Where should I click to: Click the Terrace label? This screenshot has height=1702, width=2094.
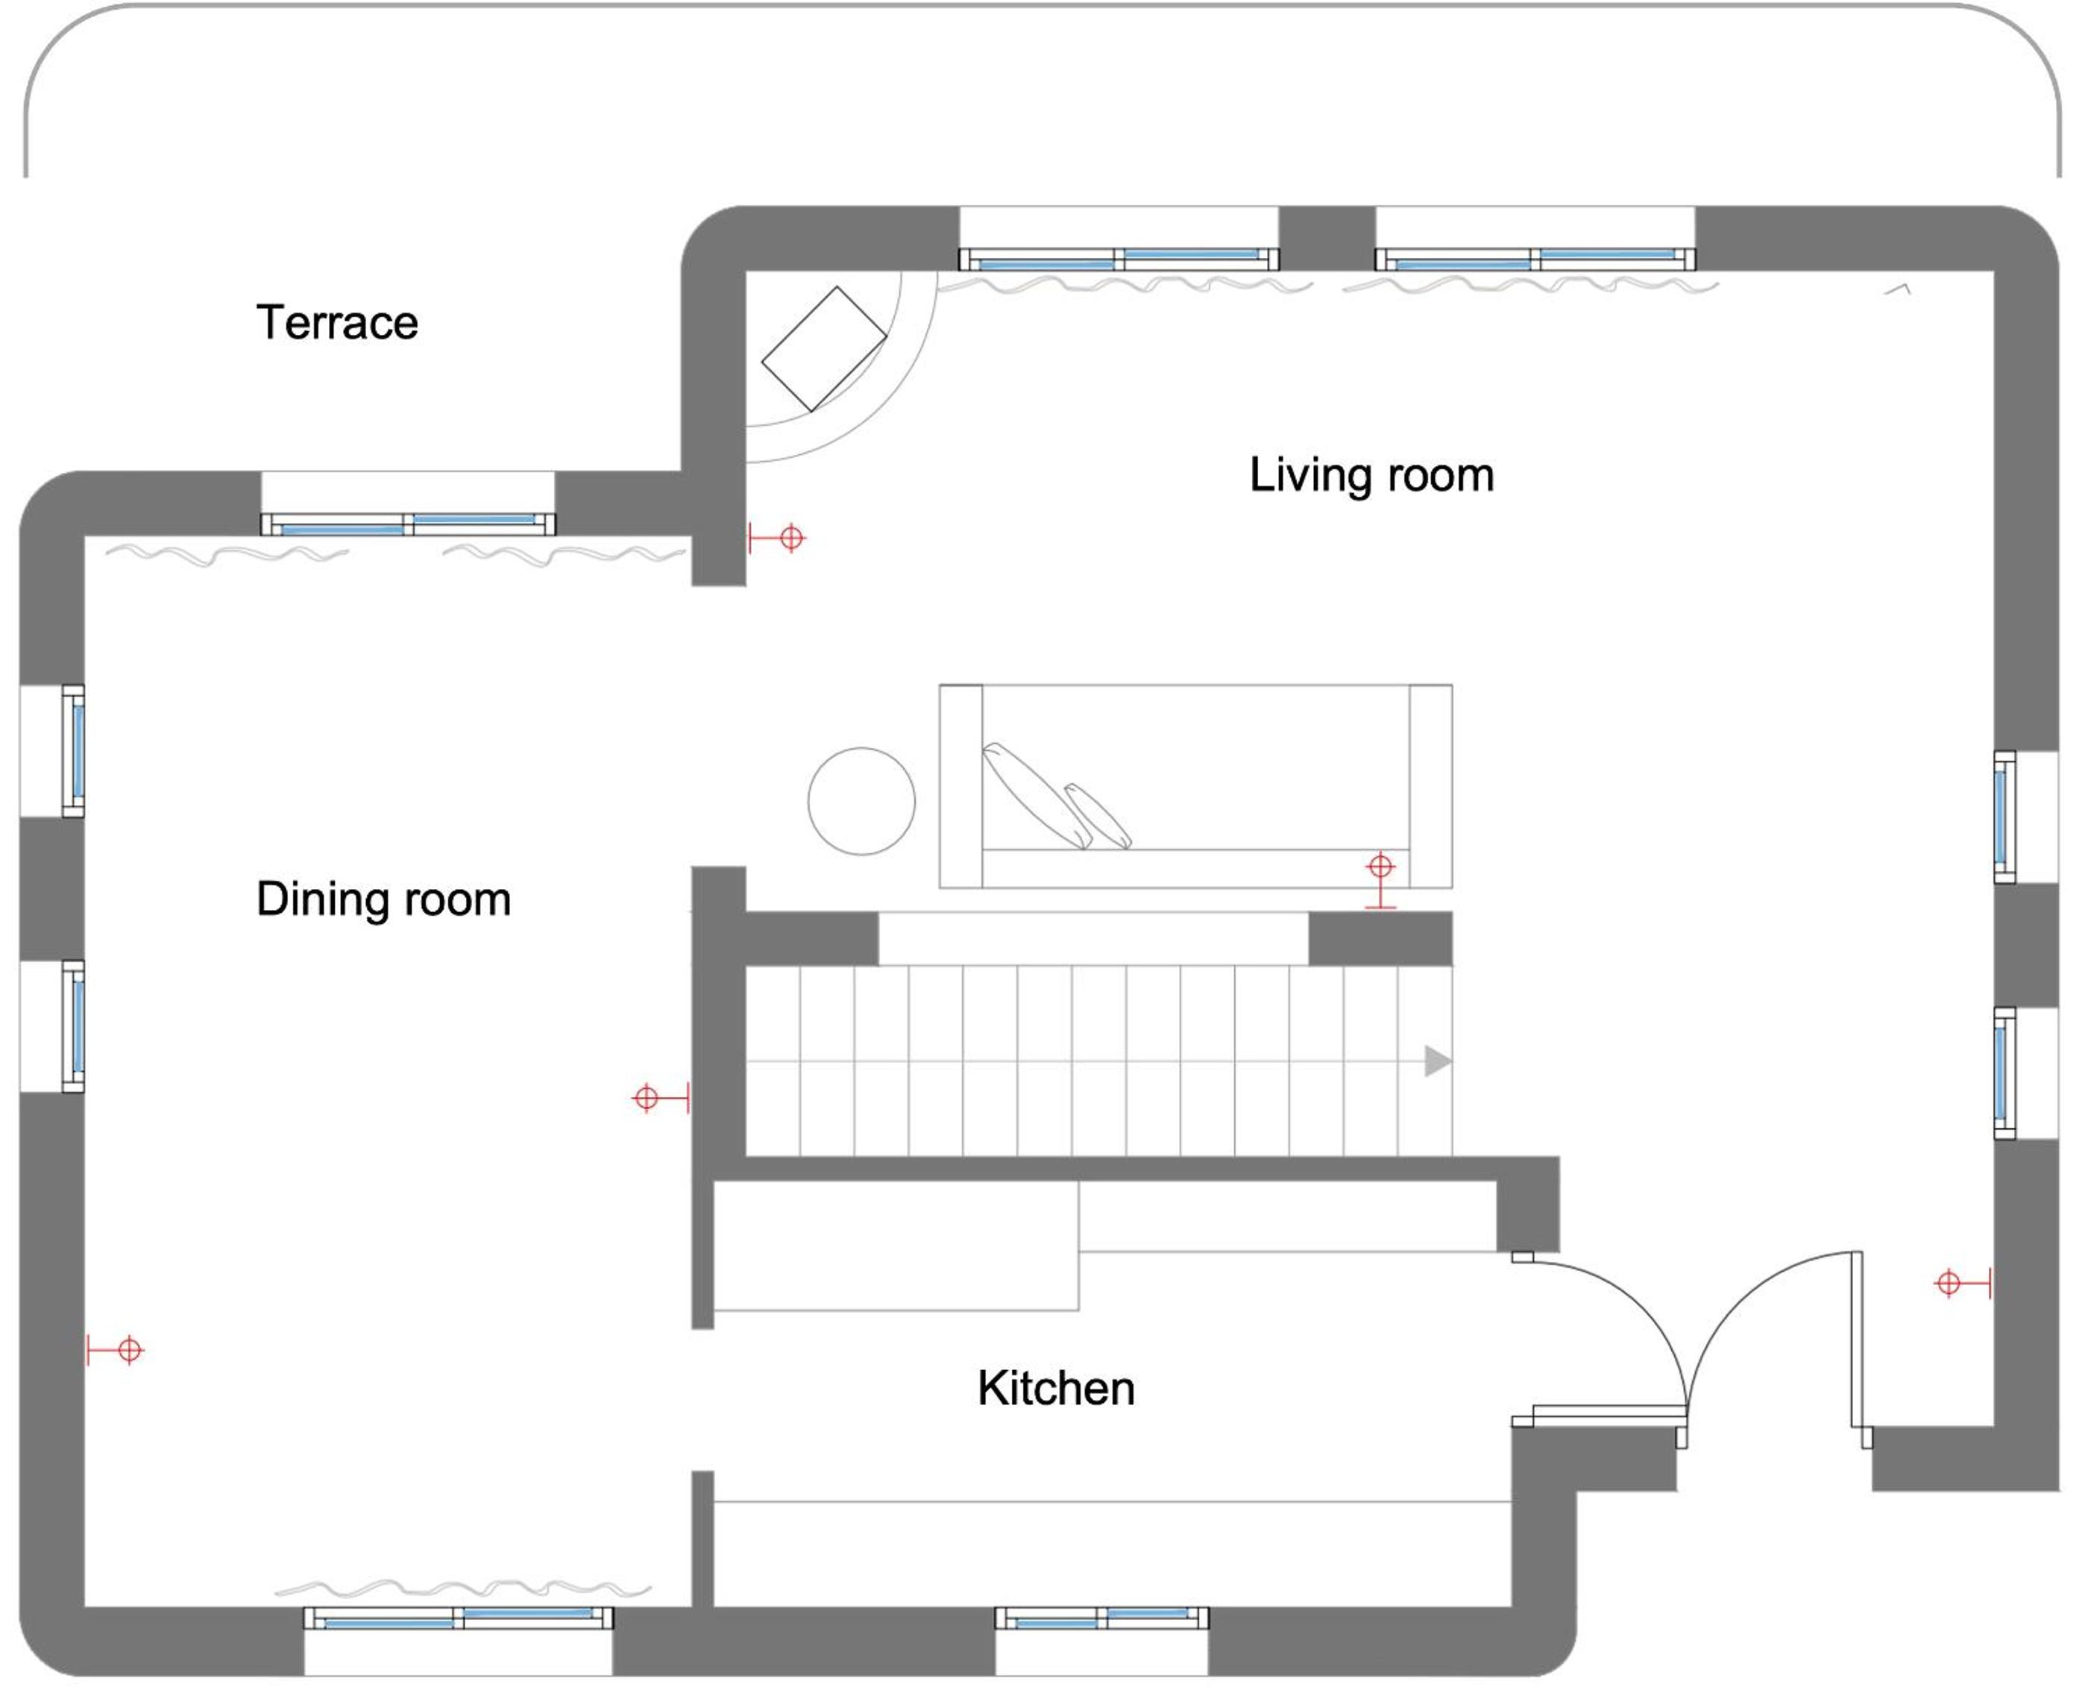point(337,322)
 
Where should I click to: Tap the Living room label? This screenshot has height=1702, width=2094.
point(1371,476)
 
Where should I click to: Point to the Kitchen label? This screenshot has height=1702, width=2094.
point(1056,1388)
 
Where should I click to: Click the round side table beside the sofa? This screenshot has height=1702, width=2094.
point(862,801)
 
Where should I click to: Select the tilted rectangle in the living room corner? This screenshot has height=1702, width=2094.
point(825,348)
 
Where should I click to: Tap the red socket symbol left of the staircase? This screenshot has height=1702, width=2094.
point(661,1098)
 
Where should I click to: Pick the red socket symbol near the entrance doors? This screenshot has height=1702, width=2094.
point(1963,1282)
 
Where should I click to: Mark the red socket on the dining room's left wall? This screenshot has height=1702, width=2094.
point(115,1350)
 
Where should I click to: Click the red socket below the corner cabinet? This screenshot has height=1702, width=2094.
point(776,537)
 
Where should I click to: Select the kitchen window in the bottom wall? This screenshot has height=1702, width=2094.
point(1102,1618)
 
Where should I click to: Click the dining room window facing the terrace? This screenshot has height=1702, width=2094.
point(408,524)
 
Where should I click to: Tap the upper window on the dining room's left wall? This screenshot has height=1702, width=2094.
point(74,751)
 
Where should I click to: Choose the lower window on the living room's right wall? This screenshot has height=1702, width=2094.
point(2005,1073)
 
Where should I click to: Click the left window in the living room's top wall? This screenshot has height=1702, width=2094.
point(1119,259)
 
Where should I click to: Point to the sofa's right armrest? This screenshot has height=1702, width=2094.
point(1431,786)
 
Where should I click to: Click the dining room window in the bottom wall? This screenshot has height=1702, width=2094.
point(458,1618)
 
